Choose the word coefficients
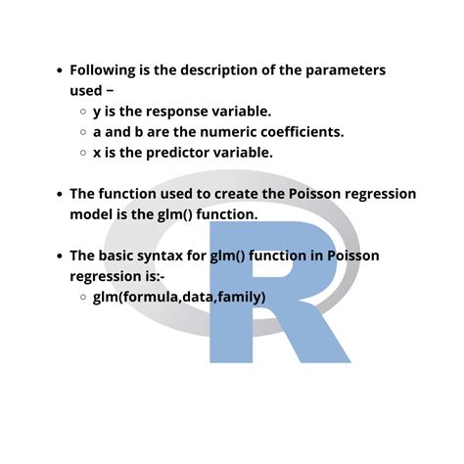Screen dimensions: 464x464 click(x=299, y=132)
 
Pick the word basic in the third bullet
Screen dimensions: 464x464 click(x=124, y=255)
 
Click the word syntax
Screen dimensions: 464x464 click(x=180, y=255)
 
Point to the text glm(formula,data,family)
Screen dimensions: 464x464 click(x=179, y=297)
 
